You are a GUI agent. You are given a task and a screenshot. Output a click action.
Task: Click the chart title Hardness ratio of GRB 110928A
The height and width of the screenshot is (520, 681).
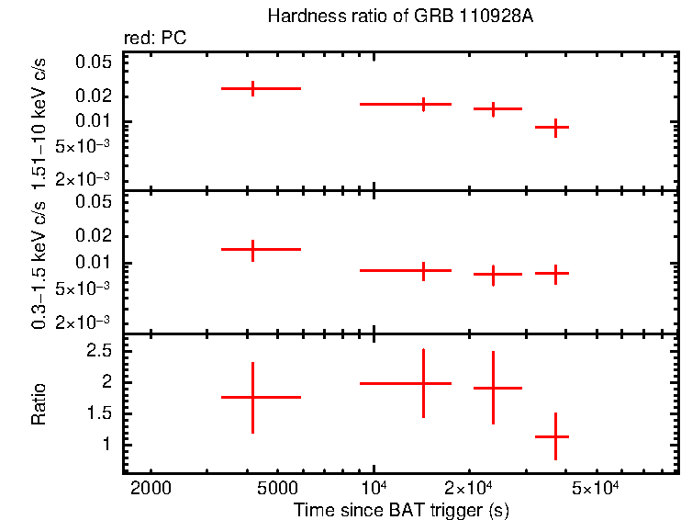pyautogui.click(x=400, y=17)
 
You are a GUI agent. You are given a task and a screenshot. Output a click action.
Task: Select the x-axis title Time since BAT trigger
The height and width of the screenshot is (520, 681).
pyautogui.click(x=401, y=509)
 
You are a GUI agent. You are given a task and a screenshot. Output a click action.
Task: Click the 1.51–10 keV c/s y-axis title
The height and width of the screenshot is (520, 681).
pyautogui.click(x=39, y=121)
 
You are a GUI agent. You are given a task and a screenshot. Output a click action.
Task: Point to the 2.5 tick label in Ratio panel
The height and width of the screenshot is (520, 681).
pyautogui.click(x=98, y=351)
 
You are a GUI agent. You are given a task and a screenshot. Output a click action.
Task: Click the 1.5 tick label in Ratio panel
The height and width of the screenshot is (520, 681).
pyautogui.click(x=98, y=413)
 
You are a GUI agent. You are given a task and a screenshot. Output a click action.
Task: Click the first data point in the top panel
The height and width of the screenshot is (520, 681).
pyautogui.click(x=252, y=88)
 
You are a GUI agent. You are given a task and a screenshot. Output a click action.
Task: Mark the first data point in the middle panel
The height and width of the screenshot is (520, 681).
pyautogui.click(x=252, y=249)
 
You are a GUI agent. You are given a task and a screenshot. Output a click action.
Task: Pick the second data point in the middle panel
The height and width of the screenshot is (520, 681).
pyautogui.click(x=423, y=270)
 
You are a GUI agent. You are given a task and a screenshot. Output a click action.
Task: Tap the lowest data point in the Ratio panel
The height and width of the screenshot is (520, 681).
pyautogui.click(x=555, y=436)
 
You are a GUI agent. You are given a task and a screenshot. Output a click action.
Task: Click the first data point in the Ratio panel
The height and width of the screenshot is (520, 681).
pyautogui.click(x=252, y=397)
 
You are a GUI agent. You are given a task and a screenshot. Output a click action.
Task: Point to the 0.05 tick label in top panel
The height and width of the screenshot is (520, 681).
pyautogui.click(x=93, y=62)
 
